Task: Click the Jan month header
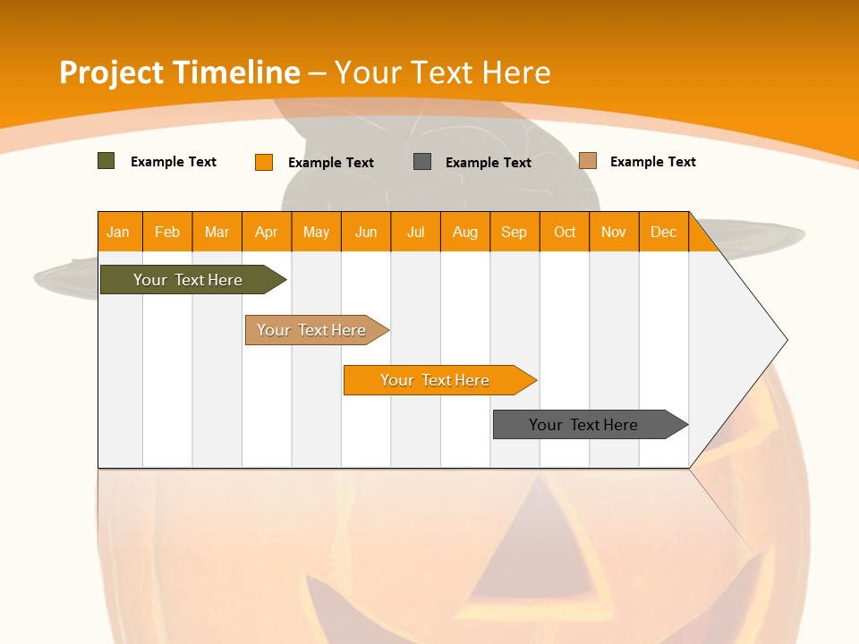coord(119,232)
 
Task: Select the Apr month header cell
coord(267,232)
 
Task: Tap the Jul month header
coord(415,232)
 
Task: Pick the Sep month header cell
coord(515,232)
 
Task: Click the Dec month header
coord(663,232)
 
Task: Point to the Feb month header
coord(167,232)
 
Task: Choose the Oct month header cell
coord(565,232)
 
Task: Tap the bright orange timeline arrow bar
coord(436,380)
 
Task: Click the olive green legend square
coord(106,161)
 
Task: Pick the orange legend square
coord(264,162)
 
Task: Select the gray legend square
coord(422,162)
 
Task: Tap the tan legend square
coord(588,161)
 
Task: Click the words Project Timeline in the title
coord(179,72)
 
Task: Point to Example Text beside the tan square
coord(653,162)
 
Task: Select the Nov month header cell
coord(614,232)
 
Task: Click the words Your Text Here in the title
coord(443,72)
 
